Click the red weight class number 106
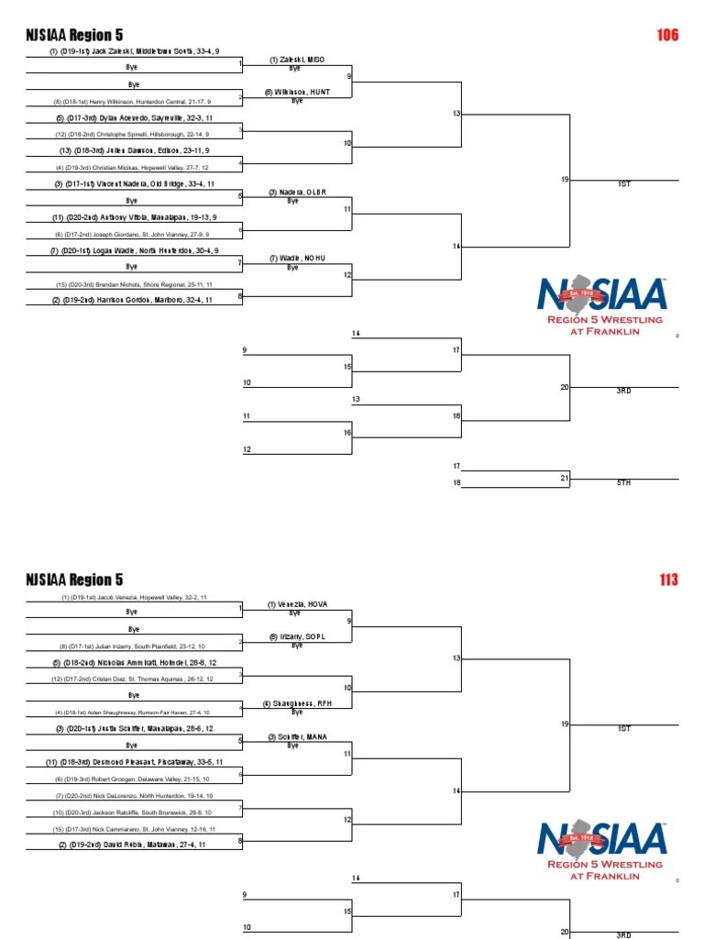667,35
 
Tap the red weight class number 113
667,580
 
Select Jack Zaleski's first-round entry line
134,51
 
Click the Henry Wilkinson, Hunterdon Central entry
132,102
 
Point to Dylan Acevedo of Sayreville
134,118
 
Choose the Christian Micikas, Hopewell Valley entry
132,168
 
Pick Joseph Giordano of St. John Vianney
132,234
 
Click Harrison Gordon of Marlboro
134,300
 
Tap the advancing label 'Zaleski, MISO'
296,60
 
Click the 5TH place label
624,482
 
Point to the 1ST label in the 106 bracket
624,184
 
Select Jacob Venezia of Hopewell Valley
134,597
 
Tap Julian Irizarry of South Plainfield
132,646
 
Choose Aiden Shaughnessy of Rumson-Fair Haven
132,712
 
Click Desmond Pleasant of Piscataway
134,761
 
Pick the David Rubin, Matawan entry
134,844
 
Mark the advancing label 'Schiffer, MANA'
296,737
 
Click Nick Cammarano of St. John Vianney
134,828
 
